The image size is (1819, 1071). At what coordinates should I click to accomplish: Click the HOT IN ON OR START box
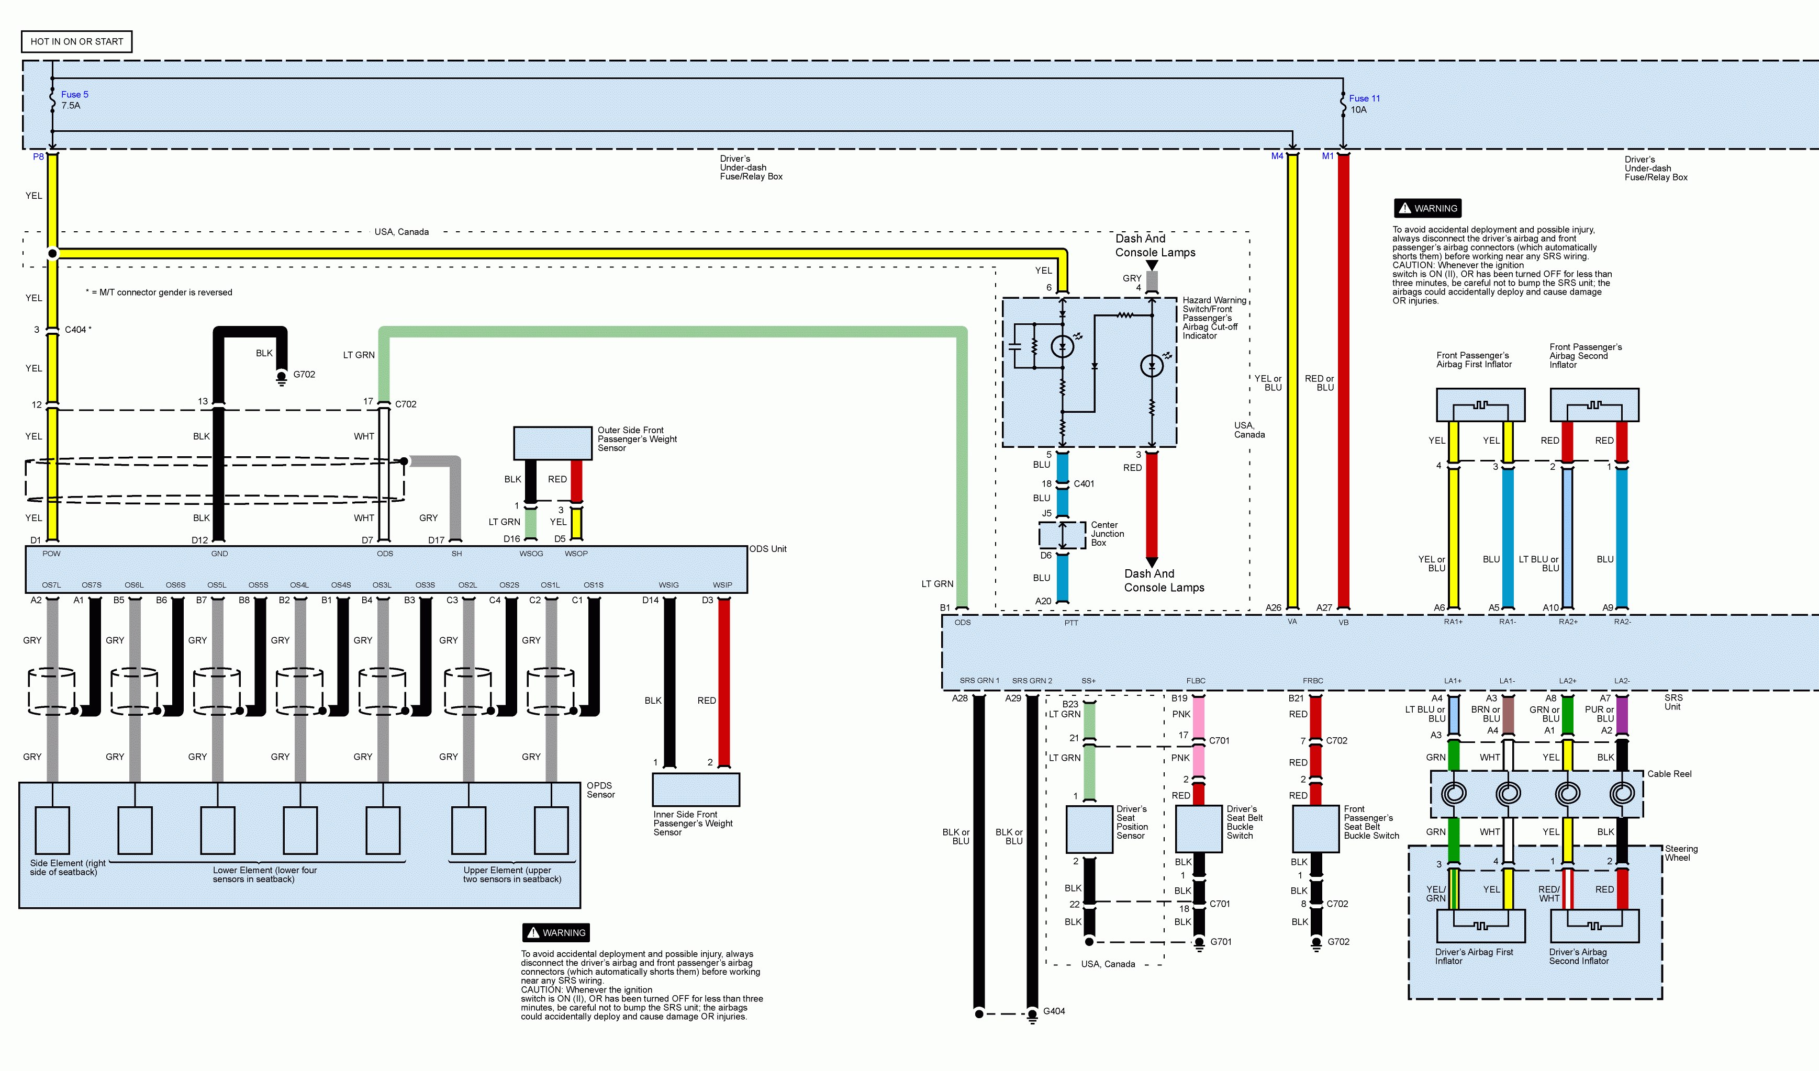pyautogui.click(x=76, y=42)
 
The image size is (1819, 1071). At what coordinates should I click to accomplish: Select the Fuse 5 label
pyautogui.click(x=74, y=95)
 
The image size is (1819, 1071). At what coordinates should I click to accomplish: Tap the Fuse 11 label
pyautogui.click(x=1364, y=98)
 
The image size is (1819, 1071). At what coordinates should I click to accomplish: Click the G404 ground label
pyautogui.click(x=1054, y=1011)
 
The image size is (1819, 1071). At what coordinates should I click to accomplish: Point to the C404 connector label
pyautogui.click(x=76, y=330)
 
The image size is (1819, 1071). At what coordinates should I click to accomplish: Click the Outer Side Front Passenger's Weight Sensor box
pyautogui.click(x=552, y=443)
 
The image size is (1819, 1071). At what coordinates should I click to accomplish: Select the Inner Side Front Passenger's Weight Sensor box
pyautogui.click(x=696, y=790)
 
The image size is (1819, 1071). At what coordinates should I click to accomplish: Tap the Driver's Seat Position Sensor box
pyautogui.click(x=1089, y=829)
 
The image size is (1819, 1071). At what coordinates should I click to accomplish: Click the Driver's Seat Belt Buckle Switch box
pyautogui.click(x=1199, y=829)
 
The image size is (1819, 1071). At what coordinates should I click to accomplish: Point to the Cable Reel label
pyautogui.click(x=1669, y=774)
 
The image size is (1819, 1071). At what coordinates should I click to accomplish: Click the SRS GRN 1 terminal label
pyautogui.click(x=979, y=681)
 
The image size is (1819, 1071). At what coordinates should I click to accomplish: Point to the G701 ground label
pyautogui.click(x=1221, y=942)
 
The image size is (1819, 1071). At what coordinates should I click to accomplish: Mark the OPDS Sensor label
pyautogui.click(x=600, y=790)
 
